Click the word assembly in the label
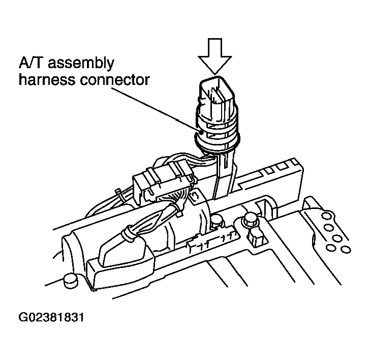coord(81,64)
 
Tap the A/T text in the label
coord(32,63)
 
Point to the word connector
coord(115,80)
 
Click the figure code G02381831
coord(51,317)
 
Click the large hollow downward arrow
coord(214,56)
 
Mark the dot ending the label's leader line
coord(201,132)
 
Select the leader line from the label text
coord(156,110)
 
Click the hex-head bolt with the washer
coord(251,219)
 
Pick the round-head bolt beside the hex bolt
coord(217,220)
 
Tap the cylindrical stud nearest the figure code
coord(71,280)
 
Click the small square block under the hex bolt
coord(256,238)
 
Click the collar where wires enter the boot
coord(129,234)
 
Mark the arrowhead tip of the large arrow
coord(214,74)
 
